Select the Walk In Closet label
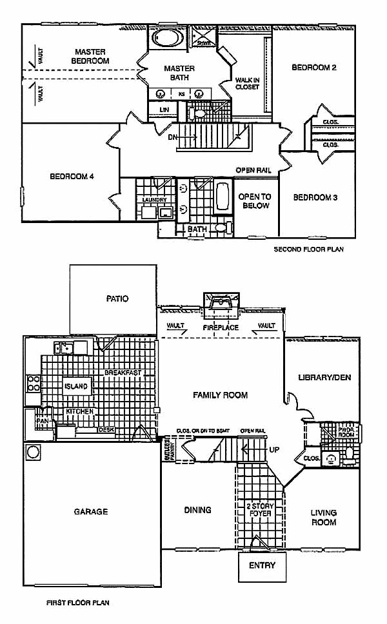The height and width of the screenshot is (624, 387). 247,83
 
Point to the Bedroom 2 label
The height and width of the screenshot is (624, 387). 313,67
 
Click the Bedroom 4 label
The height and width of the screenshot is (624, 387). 72,176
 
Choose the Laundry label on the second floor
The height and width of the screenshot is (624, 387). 154,200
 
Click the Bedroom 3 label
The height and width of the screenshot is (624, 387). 315,198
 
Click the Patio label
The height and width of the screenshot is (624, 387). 117,298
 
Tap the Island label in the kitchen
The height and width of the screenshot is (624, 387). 76,386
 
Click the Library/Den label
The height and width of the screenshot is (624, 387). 324,377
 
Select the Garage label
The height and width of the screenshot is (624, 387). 90,512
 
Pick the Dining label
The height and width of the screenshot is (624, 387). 197,510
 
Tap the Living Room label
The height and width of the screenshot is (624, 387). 324,518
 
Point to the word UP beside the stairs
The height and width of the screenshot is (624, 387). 274,449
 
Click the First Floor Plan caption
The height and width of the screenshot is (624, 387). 78,603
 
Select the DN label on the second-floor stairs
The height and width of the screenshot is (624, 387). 172,137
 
